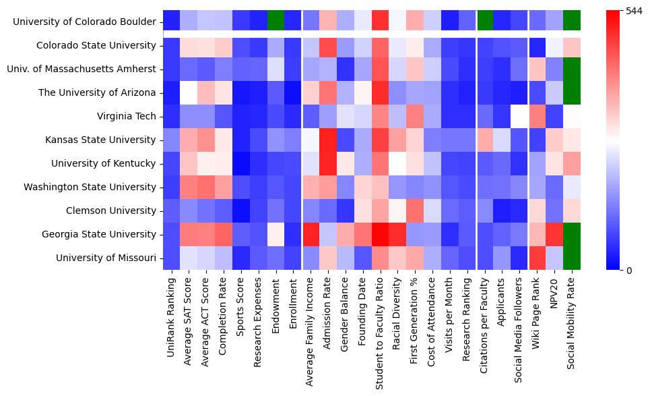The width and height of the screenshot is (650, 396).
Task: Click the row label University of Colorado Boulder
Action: click(x=85, y=22)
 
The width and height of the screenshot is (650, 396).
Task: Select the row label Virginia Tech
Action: click(x=126, y=116)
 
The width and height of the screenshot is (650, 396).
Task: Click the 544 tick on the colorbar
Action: click(x=634, y=11)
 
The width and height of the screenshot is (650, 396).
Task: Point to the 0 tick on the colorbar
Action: click(x=628, y=271)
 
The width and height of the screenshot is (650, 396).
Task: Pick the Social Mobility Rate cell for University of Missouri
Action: click(x=572, y=258)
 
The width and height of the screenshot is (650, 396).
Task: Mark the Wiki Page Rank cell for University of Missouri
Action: click(x=537, y=258)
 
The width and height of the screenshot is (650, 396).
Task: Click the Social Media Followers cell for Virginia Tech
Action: click(x=519, y=116)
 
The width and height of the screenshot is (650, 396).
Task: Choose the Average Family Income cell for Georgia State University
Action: click(x=311, y=234)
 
